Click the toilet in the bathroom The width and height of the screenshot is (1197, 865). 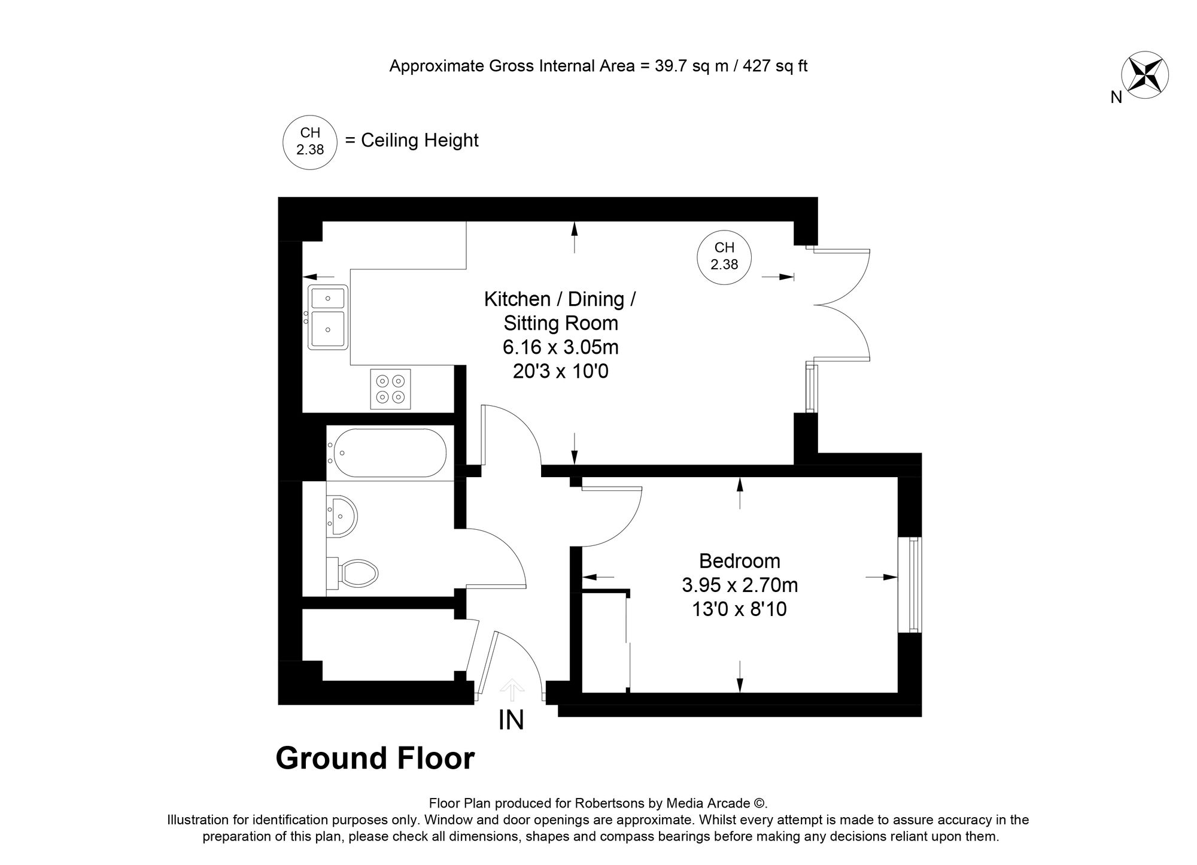[x=357, y=573]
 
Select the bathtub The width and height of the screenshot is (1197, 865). [x=390, y=453]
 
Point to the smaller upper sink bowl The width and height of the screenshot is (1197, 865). [x=327, y=297]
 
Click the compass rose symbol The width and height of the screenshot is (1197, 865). [x=1144, y=75]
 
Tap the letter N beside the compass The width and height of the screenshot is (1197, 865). [x=1116, y=97]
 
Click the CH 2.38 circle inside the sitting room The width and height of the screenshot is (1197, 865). [x=724, y=256]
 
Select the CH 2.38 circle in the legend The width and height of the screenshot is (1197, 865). [x=309, y=141]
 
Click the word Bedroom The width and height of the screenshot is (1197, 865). [x=740, y=561]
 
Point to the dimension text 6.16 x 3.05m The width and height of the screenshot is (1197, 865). [x=561, y=347]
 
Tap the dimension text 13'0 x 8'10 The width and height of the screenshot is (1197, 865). [x=739, y=609]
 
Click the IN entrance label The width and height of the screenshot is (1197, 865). [x=511, y=720]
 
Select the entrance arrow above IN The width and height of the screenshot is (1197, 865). [x=511, y=689]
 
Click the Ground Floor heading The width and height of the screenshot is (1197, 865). [x=375, y=758]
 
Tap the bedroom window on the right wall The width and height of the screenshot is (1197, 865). [x=913, y=584]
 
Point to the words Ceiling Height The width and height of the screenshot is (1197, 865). [x=420, y=141]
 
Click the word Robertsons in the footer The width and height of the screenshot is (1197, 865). [x=604, y=803]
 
